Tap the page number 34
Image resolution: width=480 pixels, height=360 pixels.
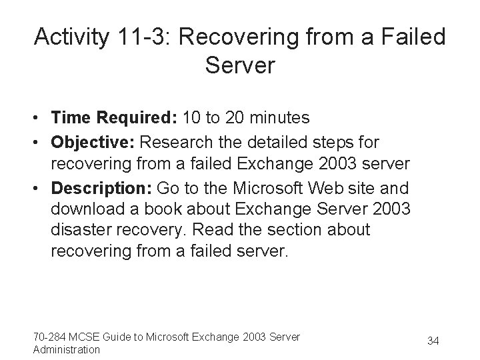click(433, 341)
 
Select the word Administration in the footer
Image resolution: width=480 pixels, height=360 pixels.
click(66, 349)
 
